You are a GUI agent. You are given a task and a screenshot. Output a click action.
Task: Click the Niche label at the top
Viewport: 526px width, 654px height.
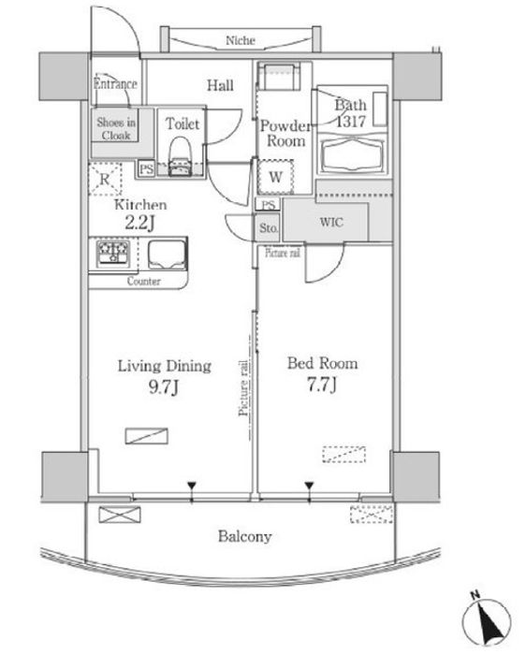tap(241, 40)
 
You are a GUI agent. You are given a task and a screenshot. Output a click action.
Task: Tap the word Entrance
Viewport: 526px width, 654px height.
tap(115, 83)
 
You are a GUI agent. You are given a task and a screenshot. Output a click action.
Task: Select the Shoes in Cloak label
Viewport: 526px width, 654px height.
tap(116, 128)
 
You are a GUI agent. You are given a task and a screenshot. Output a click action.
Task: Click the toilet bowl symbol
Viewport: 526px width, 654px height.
tap(181, 153)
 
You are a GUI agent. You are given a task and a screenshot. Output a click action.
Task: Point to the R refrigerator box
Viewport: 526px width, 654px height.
tap(105, 180)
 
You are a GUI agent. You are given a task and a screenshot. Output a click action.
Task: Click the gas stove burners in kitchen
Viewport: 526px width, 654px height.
tap(113, 253)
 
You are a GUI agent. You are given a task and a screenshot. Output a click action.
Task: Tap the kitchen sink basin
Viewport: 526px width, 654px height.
tap(167, 254)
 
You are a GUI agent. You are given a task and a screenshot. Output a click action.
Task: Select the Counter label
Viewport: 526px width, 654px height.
tap(143, 281)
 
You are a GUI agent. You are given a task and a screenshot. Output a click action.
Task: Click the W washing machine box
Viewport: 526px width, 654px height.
tap(275, 177)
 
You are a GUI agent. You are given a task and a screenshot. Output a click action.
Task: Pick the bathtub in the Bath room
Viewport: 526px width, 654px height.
tap(353, 154)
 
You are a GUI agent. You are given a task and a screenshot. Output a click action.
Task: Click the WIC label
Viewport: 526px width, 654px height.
tap(331, 222)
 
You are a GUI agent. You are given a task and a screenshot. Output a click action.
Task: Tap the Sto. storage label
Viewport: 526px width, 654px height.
tap(269, 227)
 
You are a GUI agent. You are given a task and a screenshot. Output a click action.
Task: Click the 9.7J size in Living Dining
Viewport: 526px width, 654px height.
tap(164, 387)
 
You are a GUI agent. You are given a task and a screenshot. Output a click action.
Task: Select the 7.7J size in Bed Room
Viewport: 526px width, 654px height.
tap(322, 385)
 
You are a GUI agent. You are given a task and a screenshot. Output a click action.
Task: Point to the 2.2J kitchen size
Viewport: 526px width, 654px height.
tap(139, 223)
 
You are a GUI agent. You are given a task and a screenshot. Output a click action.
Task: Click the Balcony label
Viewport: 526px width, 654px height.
tap(245, 536)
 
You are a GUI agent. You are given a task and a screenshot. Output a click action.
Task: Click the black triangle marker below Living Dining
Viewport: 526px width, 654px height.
tap(192, 486)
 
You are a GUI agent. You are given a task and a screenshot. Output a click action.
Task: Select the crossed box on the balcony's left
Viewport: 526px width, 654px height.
tap(120, 515)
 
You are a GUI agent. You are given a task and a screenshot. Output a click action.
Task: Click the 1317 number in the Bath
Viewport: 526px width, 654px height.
tap(351, 121)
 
